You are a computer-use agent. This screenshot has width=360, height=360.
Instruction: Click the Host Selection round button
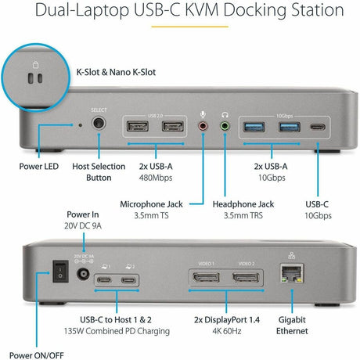(99, 124)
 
